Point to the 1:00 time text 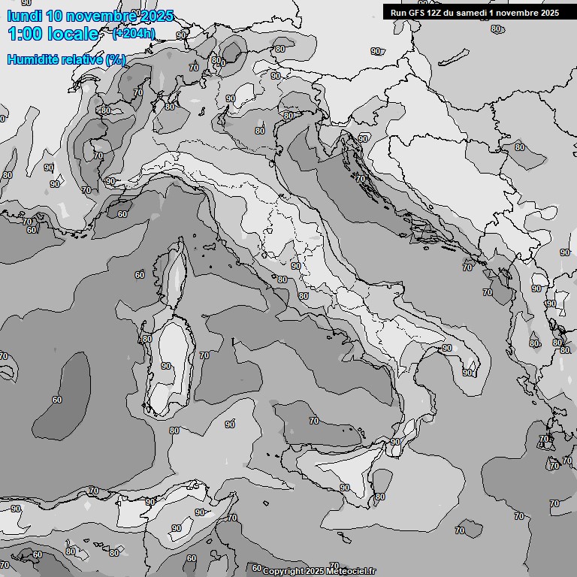point(24,34)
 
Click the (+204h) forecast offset point(133,33)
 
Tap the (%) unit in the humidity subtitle point(115,59)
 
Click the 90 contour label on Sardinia point(166,366)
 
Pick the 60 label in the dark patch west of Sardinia point(57,400)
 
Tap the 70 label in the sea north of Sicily point(314,421)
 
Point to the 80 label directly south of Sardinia point(174,430)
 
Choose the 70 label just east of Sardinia point(204,355)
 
